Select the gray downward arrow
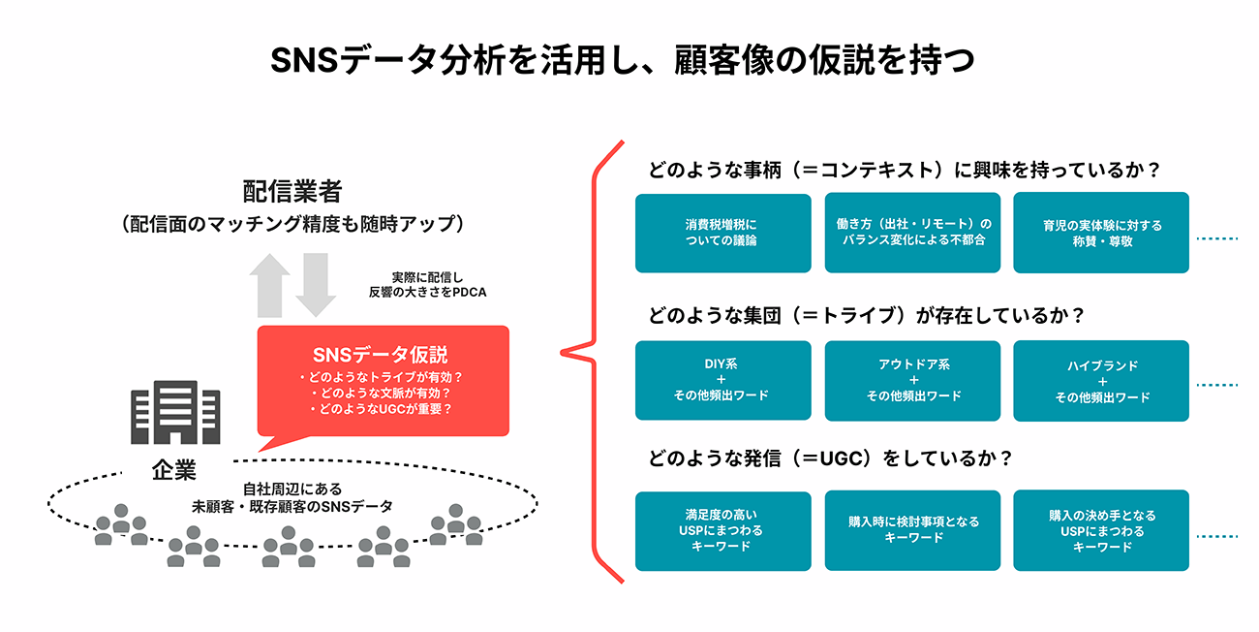[x=315, y=284]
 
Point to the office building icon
[x=177, y=412]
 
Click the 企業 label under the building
[x=174, y=471]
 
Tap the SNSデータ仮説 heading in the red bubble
[x=381, y=355]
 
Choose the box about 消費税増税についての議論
[x=722, y=233]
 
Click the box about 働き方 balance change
[x=913, y=233]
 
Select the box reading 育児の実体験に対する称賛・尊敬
[x=1101, y=233]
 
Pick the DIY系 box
[x=722, y=380]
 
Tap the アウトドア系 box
[x=913, y=380]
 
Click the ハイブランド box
[x=1101, y=380]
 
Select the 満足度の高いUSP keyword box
[x=722, y=531]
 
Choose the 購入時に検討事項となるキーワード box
[x=913, y=529]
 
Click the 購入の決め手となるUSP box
[x=1101, y=531]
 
